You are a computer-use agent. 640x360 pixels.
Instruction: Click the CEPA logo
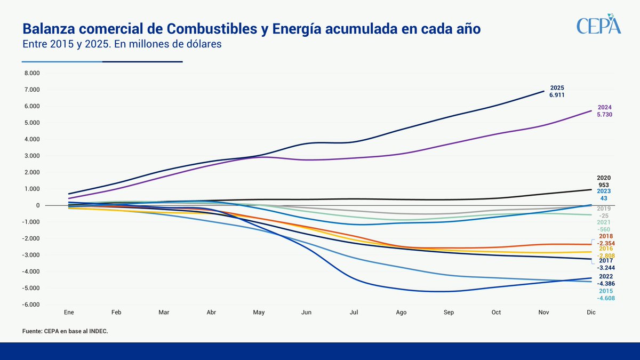coord(599,25)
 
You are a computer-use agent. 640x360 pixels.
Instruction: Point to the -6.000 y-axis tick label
coord(31,305)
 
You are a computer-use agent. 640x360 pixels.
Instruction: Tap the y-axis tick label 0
coord(38,205)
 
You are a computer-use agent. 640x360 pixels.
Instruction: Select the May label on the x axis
coord(259,311)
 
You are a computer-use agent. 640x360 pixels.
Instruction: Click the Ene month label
coord(68,311)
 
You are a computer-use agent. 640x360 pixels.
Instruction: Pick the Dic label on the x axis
coord(591,311)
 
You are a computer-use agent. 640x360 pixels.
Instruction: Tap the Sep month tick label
coord(449,311)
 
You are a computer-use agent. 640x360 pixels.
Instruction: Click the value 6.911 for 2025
coord(557,95)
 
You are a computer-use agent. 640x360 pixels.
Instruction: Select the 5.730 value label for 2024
coord(604,114)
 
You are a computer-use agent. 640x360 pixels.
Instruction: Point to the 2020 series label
coord(604,178)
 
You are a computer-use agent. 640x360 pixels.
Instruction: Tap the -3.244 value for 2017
coord(604,268)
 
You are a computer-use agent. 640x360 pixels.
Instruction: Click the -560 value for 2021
coord(604,229)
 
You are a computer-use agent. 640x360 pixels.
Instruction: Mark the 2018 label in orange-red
coord(605,236)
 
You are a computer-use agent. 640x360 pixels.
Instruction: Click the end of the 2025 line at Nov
coord(543,91)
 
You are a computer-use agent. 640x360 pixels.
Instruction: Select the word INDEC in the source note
coord(98,331)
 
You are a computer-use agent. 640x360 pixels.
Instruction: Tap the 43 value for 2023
coord(604,198)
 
